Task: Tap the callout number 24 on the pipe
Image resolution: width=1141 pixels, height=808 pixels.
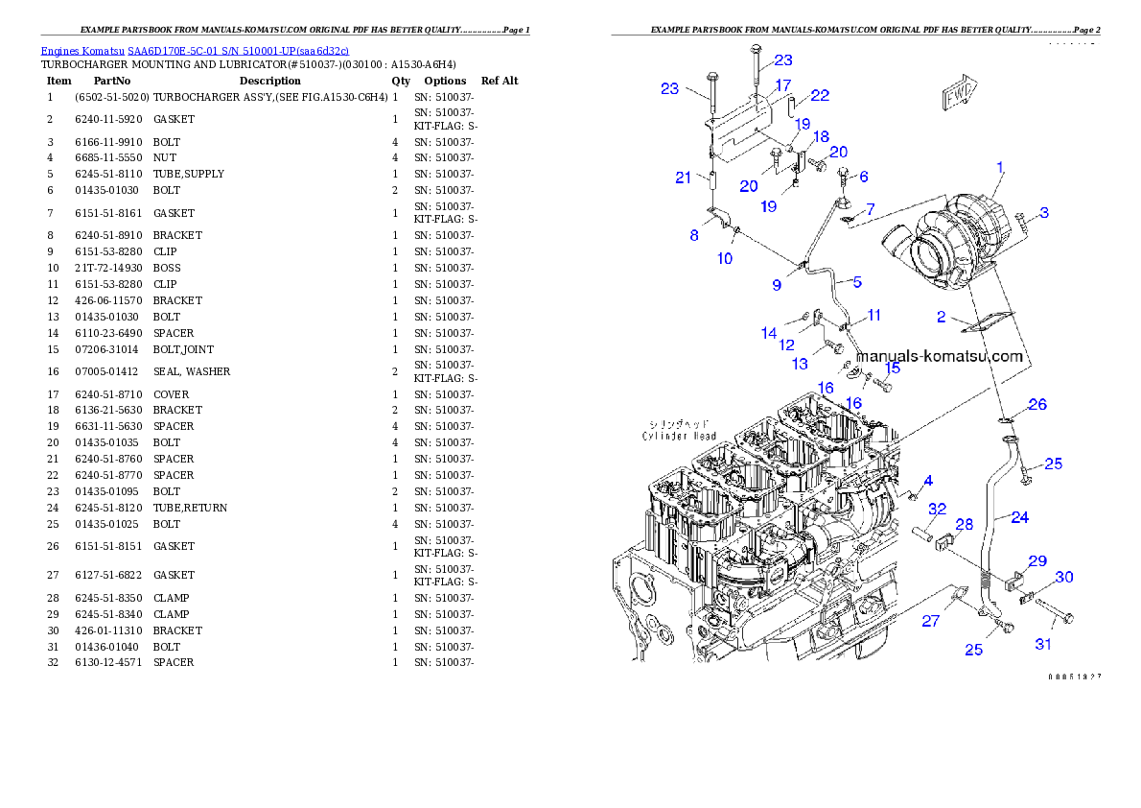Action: [x=1019, y=517]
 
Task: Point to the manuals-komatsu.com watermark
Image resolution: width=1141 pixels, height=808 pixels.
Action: [x=940, y=356]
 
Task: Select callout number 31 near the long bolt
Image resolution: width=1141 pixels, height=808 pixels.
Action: [x=1043, y=644]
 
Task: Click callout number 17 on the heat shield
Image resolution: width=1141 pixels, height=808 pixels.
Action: [x=783, y=85]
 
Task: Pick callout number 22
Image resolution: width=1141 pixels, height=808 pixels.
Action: [x=820, y=95]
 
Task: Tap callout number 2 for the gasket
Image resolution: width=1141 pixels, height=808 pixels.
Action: [x=942, y=316]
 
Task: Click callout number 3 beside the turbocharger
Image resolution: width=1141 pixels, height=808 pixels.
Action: [x=1044, y=213]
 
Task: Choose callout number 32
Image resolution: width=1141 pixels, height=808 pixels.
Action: [x=938, y=509]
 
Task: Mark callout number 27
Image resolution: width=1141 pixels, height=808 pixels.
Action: [x=930, y=621]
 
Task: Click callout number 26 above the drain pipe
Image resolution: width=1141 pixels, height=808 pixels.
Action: [x=1037, y=405]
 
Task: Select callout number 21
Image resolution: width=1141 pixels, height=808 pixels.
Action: [x=683, y=178]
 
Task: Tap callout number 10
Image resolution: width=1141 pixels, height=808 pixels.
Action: [x=725, y=258]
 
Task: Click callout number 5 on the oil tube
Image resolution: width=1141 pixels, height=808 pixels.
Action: [x=857, y=281]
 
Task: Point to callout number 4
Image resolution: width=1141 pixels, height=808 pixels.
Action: [x=927, y=479]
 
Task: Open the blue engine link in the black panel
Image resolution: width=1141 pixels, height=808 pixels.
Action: [x=194, y=50]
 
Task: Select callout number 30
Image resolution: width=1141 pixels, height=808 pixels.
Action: [x=1064, y=577]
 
